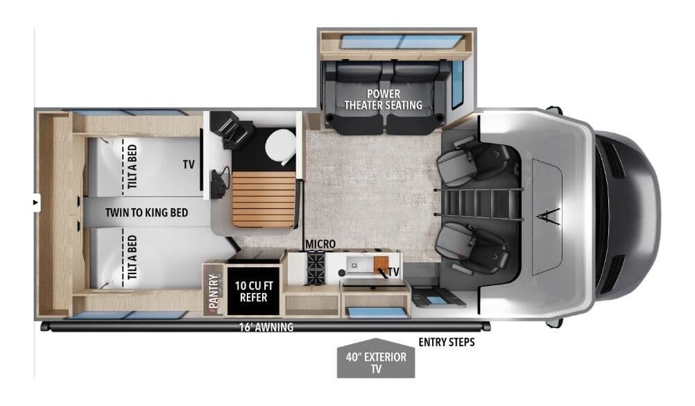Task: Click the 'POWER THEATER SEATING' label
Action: coord(384,99)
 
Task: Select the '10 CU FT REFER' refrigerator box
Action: coord(254,290)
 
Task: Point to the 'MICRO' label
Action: coord(320,245)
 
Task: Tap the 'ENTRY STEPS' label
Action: coord(446,342)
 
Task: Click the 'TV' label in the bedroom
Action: coord(189,165)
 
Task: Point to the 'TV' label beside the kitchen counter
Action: coord(394,271)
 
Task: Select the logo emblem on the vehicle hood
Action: coord(547,214)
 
